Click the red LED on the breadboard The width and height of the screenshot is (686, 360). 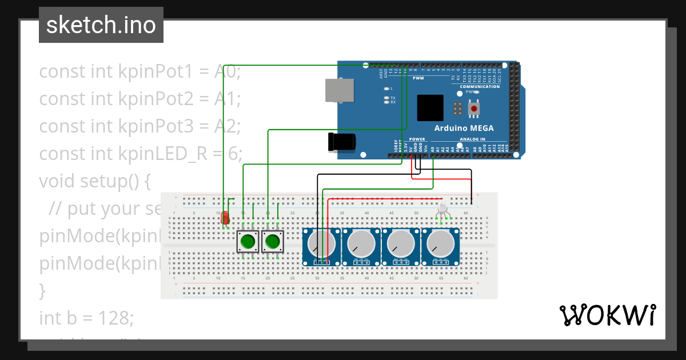click(x=225, y=218)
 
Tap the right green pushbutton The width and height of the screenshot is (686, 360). click(x=272, y=242)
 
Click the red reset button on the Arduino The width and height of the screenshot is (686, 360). click(x=474, y=108)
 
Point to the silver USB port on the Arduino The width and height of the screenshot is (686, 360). click(x=339, y=90)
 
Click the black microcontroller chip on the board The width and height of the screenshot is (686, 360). click(x=430, y=108)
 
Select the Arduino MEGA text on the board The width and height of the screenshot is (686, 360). click(x=464, y=128)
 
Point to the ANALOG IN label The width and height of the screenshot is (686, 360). click(x=472, y=139)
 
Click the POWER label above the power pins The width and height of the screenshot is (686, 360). click(x=417, y=139)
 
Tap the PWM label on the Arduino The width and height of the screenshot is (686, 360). click(x=418, y=78)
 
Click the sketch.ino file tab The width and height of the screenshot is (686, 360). click(x=101, y=25)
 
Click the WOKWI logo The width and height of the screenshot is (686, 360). click(x=607, y=315)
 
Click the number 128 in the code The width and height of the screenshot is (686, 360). click(x=116, y=317)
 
